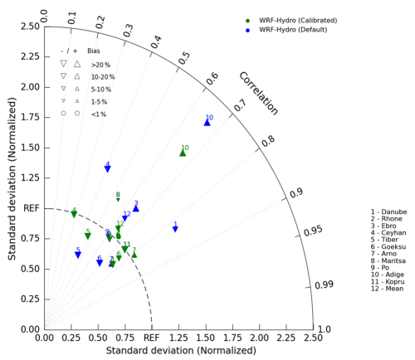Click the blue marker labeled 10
(207, 123)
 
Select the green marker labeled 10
(183, 153)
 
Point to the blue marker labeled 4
(107, 169)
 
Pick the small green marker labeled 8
(118, 200)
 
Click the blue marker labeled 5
(78, 255)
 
